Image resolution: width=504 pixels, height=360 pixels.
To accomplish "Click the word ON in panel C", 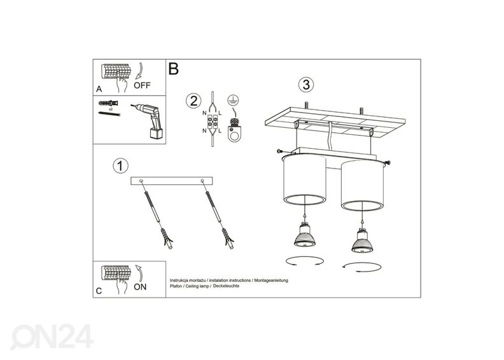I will (141, 287).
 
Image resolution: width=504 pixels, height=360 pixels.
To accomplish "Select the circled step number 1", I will (118, 165).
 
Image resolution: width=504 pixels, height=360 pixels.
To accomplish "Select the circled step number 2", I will (193, 100).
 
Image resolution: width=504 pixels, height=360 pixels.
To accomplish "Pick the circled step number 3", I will (306, 85).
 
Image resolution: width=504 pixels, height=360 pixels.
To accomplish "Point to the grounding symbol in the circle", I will (234, 99).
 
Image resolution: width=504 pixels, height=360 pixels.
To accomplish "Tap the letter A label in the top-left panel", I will (99, 89).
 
